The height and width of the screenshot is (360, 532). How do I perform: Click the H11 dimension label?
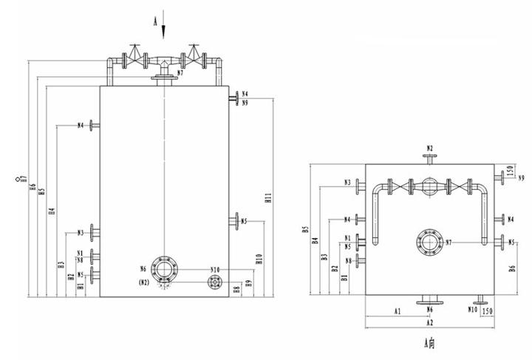tap(268, 197)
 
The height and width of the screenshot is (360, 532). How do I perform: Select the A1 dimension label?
tap(396, 312)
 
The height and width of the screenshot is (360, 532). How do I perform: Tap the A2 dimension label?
tap(429, 323)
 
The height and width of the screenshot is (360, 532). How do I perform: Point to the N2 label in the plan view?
tap(430, 149)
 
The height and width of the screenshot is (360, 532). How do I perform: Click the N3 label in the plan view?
tap(347, 182)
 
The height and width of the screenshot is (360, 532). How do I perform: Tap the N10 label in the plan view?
tap(471, 310)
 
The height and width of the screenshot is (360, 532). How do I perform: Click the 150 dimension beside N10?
tap(487, 312)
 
